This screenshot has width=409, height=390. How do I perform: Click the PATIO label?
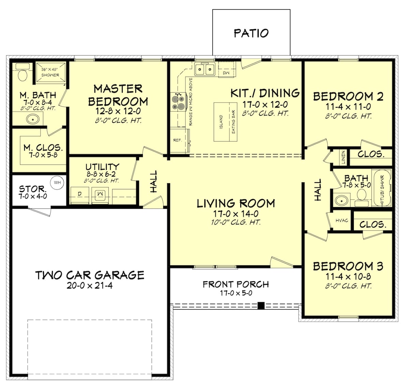point(251,33)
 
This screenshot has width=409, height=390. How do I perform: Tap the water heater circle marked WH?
point(57,183)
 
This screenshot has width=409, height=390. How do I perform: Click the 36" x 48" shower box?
point(50,72)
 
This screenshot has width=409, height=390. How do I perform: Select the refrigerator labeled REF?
point(178,140)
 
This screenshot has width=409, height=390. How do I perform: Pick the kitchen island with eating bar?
point(226,122)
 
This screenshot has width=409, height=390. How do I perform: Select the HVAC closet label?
point(342,221)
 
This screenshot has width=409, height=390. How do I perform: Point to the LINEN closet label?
point(343,157)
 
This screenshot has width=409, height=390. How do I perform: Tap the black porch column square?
point(261,305)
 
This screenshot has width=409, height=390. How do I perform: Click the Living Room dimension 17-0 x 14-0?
point(236,214)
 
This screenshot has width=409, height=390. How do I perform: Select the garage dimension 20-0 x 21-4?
point(90,285)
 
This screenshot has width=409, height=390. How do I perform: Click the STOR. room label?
point(33,189)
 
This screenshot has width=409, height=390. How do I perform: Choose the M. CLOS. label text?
point(43,148)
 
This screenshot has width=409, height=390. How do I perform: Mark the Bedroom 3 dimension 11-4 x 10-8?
point(348,277)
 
